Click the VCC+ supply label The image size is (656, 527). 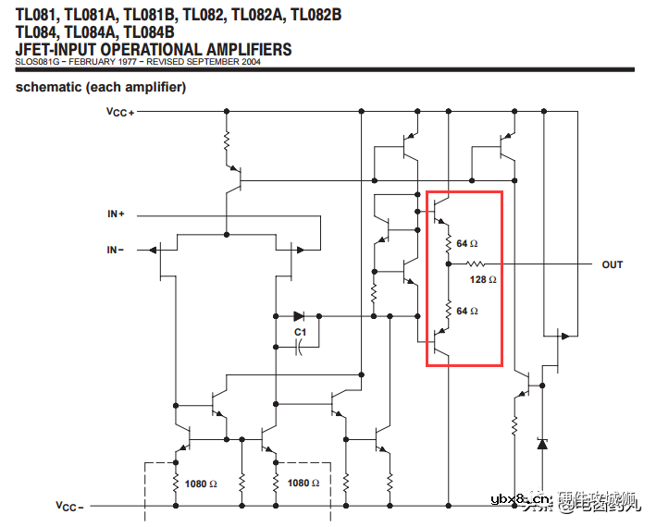(x=120, y=111)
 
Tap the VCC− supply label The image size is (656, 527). (x=68, y=507)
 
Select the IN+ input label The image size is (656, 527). (x=117, y=214)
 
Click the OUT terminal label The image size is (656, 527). (x=613, y=264)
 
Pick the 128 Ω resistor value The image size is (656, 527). (x=483, y=279)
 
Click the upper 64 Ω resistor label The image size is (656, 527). (x=467, y=244)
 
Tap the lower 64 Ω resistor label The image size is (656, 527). (x=467, y=311)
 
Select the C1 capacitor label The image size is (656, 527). (x=300, y=331)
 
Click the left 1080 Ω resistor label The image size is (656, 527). (x=201, y=484)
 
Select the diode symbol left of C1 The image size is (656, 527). (x=298, y=315)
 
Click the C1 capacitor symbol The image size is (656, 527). (x=299, y=348)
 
